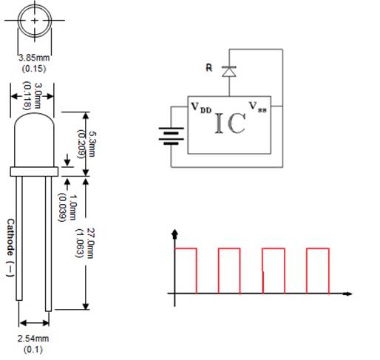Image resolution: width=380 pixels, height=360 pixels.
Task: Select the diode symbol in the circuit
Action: [230, 72]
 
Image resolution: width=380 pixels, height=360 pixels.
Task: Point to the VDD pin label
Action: [201, 108]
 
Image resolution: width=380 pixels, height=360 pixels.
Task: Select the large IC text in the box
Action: [229, 124]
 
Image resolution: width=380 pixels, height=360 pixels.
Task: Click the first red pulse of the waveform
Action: [186, 270]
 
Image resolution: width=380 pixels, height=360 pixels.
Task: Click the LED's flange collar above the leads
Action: [33, 171]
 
